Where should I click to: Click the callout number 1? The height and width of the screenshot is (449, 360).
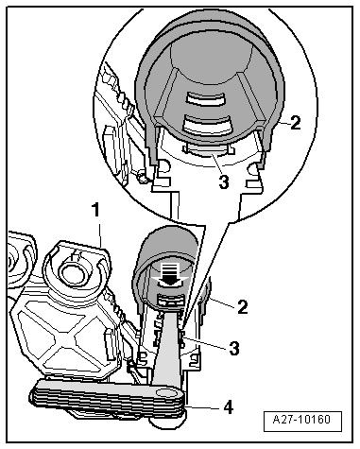95,210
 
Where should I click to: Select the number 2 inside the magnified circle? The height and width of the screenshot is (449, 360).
295,123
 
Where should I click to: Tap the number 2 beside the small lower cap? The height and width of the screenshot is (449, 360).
242,306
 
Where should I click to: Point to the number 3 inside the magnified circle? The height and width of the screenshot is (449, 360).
224,181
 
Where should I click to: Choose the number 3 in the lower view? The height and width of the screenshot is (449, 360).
233,349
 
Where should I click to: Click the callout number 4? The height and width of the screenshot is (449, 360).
228,406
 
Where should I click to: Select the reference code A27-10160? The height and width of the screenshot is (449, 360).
301,420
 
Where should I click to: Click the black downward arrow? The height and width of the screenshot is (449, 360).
170,274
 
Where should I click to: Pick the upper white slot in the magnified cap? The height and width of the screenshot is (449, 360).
205,98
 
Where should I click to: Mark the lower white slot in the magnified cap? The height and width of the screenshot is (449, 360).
207,124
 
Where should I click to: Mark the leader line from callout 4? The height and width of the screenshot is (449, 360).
201,407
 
